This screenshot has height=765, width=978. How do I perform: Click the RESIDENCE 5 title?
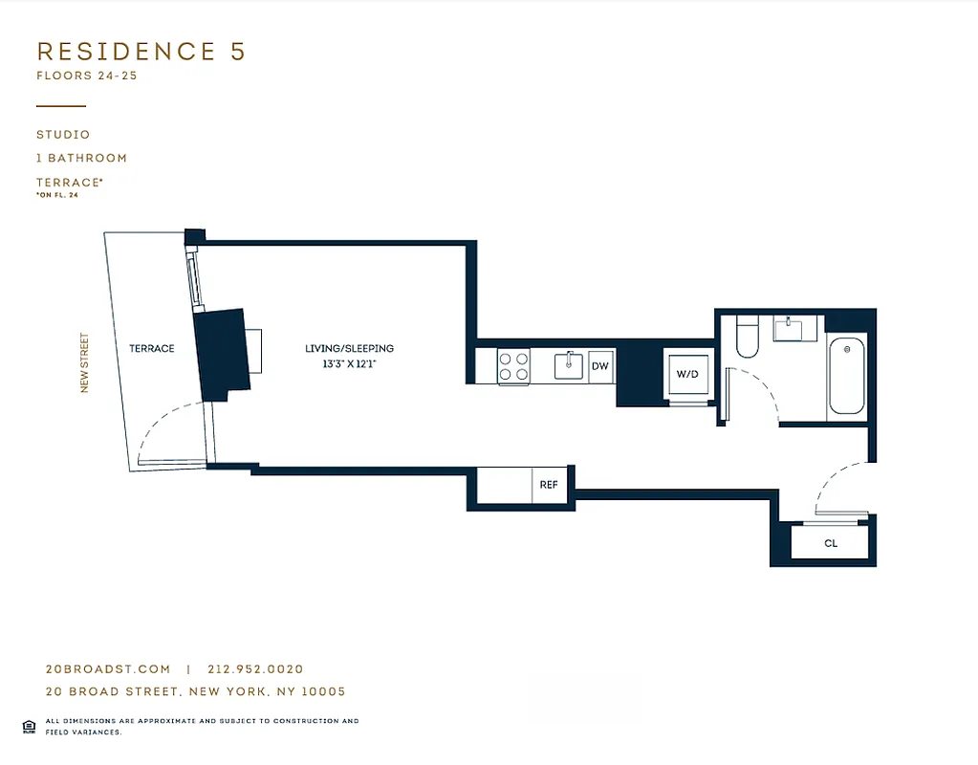tap(141, 52)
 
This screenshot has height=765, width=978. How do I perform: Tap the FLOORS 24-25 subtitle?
tap(87, 76)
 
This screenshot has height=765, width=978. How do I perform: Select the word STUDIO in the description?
tap(63, 135)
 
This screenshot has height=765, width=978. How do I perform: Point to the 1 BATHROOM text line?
tap(81, 158)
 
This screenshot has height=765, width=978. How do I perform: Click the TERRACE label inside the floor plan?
tap(152, 349)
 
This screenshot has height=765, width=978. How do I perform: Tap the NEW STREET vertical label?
tap(84, 362)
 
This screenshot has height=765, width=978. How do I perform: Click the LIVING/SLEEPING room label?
tap(349, 349)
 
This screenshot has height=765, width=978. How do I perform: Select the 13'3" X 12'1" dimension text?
tap(349, 364)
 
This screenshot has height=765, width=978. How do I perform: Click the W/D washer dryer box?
tap(687, 375)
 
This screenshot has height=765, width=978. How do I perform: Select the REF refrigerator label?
tap(549, 485)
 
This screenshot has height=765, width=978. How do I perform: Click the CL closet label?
tap(831, 543)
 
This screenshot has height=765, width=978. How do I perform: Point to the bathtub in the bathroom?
tap(846, 375)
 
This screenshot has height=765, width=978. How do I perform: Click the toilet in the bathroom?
tap(747, 339)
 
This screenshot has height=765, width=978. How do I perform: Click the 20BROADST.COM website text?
tap(108, 669)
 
